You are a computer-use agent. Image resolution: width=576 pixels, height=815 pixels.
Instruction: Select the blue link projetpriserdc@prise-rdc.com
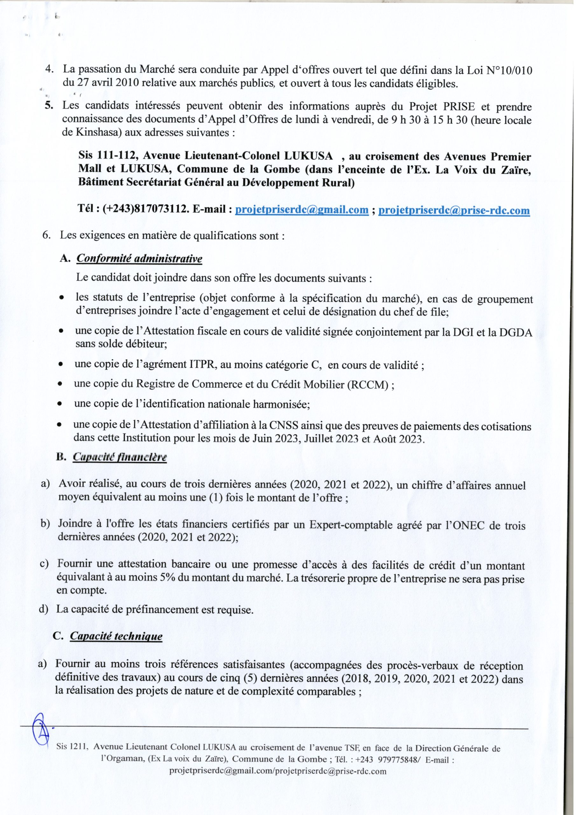(x=454, y=210)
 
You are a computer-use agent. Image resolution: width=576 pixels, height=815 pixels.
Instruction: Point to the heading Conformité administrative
(x=139, y=259)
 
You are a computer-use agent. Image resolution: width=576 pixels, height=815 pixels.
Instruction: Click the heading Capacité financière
(x=120, y=457)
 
